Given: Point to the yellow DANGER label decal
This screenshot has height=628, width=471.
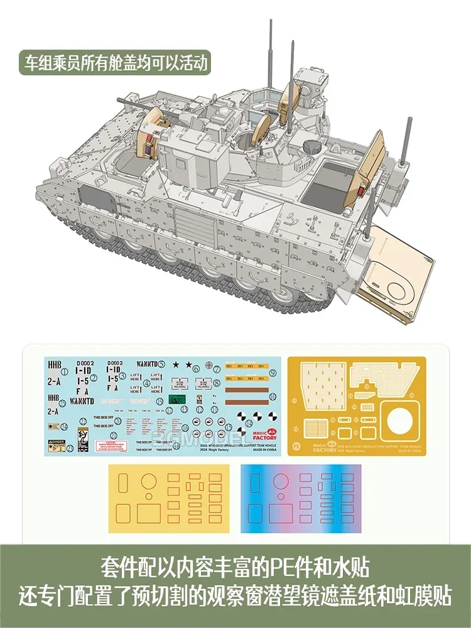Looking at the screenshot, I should click(x=56, y=443).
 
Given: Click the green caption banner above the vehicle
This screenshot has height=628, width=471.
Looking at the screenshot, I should click(x=113, y=63).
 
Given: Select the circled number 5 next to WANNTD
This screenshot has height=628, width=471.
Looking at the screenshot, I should click(x=161, y=363).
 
